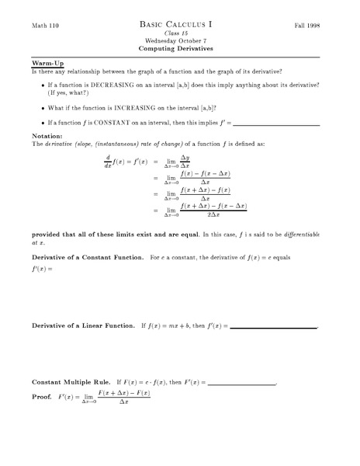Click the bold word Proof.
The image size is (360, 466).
(42, 397)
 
